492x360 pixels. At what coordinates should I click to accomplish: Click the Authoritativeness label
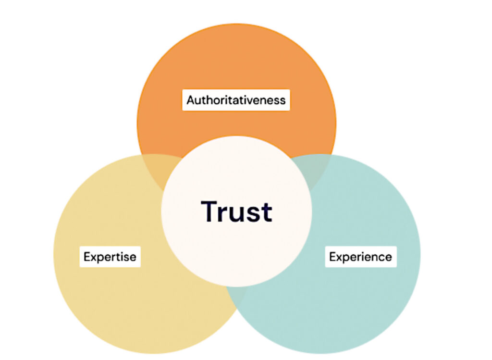click(236, 100)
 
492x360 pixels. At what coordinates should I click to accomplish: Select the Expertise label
click(110, 257)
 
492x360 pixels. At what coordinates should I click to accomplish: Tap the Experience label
click(360, 257)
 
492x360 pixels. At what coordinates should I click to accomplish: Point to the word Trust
click(236, 211)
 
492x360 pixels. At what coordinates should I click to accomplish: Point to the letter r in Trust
click(224, 214)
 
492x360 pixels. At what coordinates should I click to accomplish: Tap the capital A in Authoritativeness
click(191, 100)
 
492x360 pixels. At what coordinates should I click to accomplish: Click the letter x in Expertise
click(93, 258)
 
